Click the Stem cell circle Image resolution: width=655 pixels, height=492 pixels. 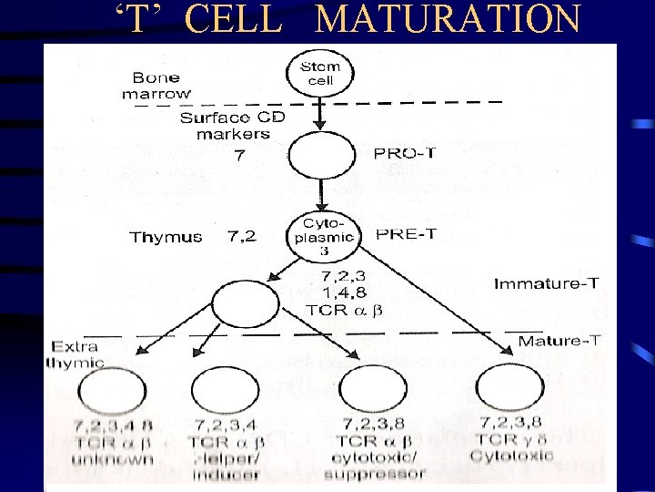[319, 74]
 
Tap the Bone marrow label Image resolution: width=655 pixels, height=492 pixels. [156, 85]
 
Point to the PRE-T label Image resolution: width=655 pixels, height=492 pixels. [406, 234]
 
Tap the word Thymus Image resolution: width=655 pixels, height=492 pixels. [167, 237]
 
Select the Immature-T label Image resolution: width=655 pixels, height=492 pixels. [546, 284]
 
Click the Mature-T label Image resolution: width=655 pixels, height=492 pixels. [559, 341]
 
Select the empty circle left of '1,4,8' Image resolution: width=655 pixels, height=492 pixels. [245, 302]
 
